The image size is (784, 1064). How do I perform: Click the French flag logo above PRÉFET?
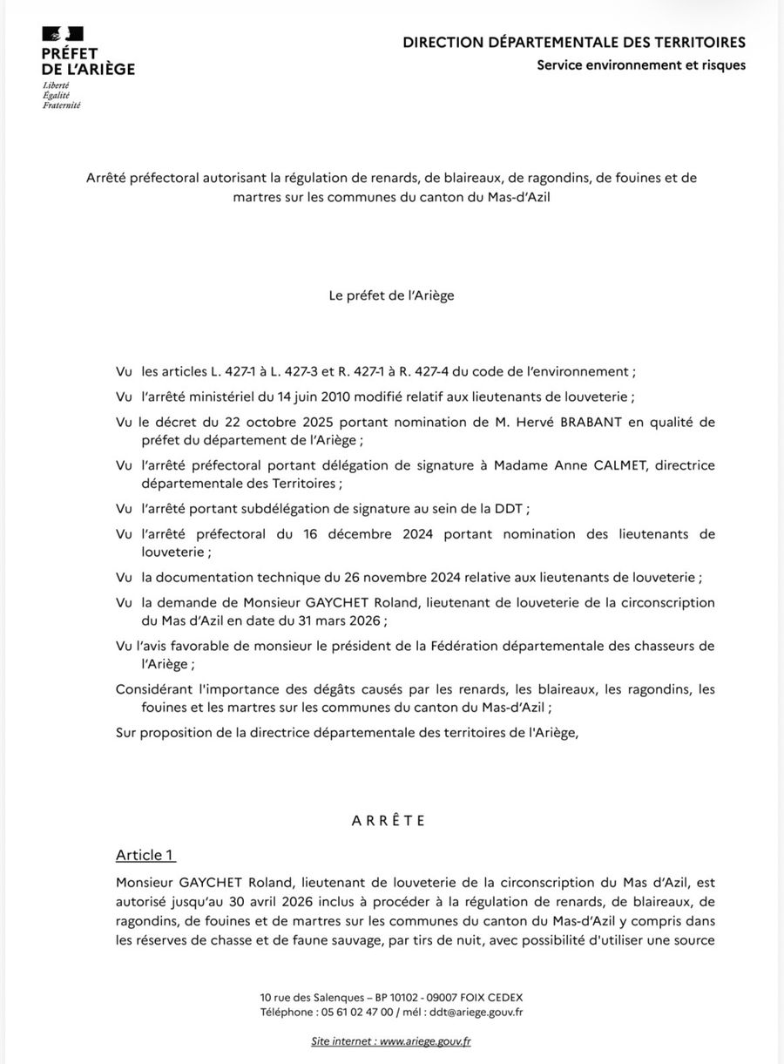pyautogui.click(x=63, y=34)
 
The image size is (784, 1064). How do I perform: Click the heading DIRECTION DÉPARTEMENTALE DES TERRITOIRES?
pyautogui.click(x=574, y=42)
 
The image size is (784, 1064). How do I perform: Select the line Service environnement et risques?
pyautogui.click(x=641, y=64)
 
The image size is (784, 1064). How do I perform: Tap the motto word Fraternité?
pyautogui.click(x=61, y=105)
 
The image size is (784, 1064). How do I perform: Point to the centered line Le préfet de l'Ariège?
pyautogui.click(x=391, y=295)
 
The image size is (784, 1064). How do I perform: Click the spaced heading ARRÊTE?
pyautogui.click(x=389, y=820)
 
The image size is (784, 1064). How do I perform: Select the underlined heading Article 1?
pyautogui.click(x=145, y=855)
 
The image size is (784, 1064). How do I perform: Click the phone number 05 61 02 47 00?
pyautogui.click(x=356, y=1012)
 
